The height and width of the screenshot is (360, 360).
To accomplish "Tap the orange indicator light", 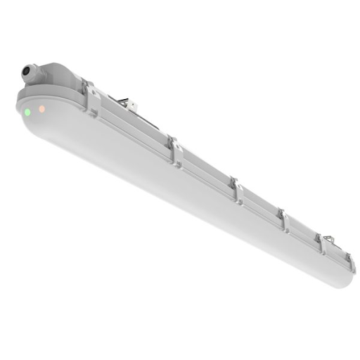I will click(42, 108).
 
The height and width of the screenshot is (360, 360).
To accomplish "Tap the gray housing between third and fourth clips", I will click(262, 205).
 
